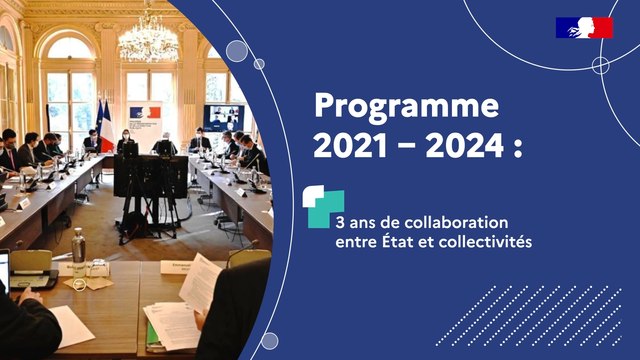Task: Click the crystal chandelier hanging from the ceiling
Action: (148, 38)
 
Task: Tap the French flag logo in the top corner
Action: (584, 28)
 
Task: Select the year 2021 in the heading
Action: (350, 146)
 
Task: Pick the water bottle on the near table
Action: (78, 246)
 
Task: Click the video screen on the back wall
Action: (222, 116)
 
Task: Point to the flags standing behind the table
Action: (103, 125)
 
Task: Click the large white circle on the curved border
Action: (237, 51)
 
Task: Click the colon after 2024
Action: (517, 148)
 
